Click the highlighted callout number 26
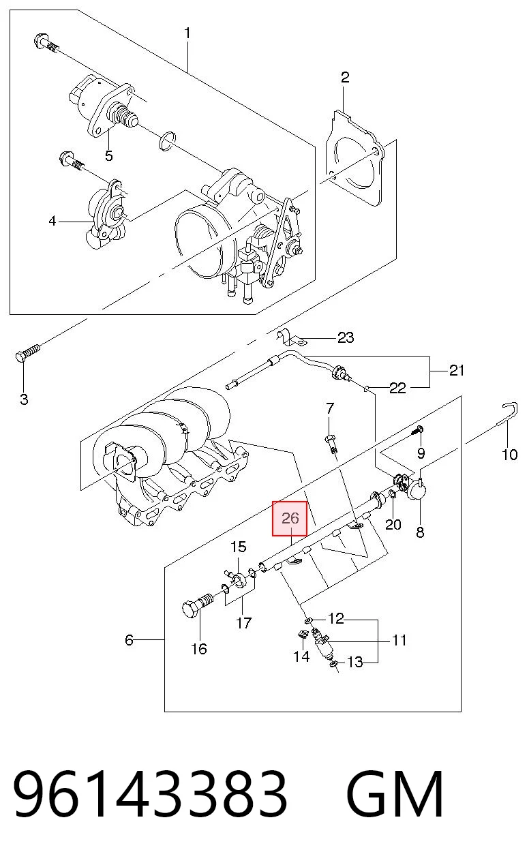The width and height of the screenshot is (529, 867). coord(290,518)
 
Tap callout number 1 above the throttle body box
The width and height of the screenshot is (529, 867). coord(187,33)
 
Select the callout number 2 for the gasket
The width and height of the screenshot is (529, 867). coord(345,78)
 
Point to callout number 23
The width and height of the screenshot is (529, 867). coord(346,337)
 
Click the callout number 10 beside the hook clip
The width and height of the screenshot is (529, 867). coord(510,455)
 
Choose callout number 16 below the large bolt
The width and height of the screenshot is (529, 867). coord(199,649)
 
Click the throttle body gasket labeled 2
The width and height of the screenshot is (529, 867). coord(355,158)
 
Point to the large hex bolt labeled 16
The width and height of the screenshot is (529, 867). coord(197,607)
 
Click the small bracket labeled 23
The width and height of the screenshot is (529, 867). coord(291,337)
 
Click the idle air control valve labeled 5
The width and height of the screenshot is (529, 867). coord(102,106)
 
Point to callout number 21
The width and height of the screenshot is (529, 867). coord(457,370)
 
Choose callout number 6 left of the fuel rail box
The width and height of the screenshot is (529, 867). coord(130,640)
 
